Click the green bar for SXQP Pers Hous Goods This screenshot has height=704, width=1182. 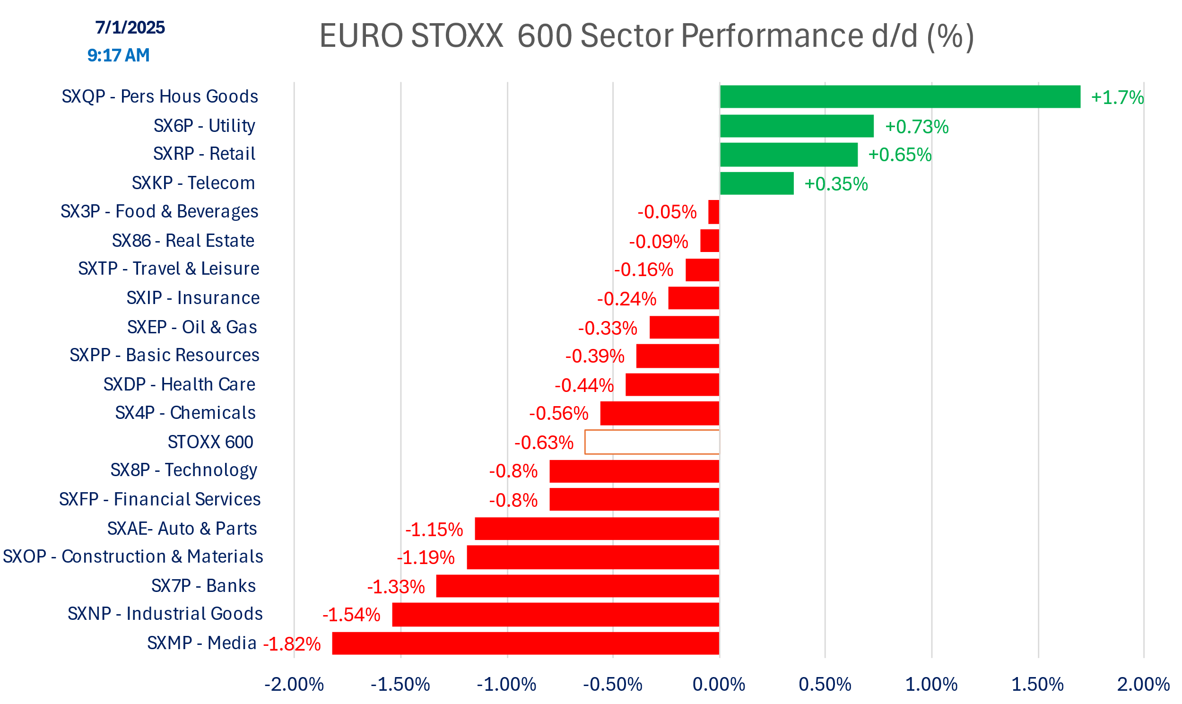pos(900,97)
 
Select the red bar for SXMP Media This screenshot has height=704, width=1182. pos(526,643)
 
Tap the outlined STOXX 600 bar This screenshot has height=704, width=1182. pos(652,442)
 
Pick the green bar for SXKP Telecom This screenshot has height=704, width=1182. pos(756,183)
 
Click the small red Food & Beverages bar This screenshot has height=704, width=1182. pos(713,212)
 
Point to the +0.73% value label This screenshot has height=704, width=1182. pos(916,127)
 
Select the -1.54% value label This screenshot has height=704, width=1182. pos(351,615)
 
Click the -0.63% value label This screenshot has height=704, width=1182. pos(544,443)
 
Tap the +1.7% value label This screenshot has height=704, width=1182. pos(1117,97)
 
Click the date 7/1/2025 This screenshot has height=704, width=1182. pos(130,27)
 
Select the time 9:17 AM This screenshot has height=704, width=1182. pos(119,55)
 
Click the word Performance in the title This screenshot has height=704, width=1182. pos(772,35)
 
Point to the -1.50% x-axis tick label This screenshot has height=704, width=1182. pos(400,684)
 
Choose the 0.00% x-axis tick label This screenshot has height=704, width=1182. pos(719,684)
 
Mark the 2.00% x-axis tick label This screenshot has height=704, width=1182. pos(1143,684)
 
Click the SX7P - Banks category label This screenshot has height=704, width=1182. pos(203,586)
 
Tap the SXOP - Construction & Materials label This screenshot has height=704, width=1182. pos(133,556)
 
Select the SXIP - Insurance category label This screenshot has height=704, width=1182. pos(193,298)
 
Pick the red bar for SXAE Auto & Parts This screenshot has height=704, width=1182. pos(597,529)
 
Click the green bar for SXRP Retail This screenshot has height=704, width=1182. pos(788,155)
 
